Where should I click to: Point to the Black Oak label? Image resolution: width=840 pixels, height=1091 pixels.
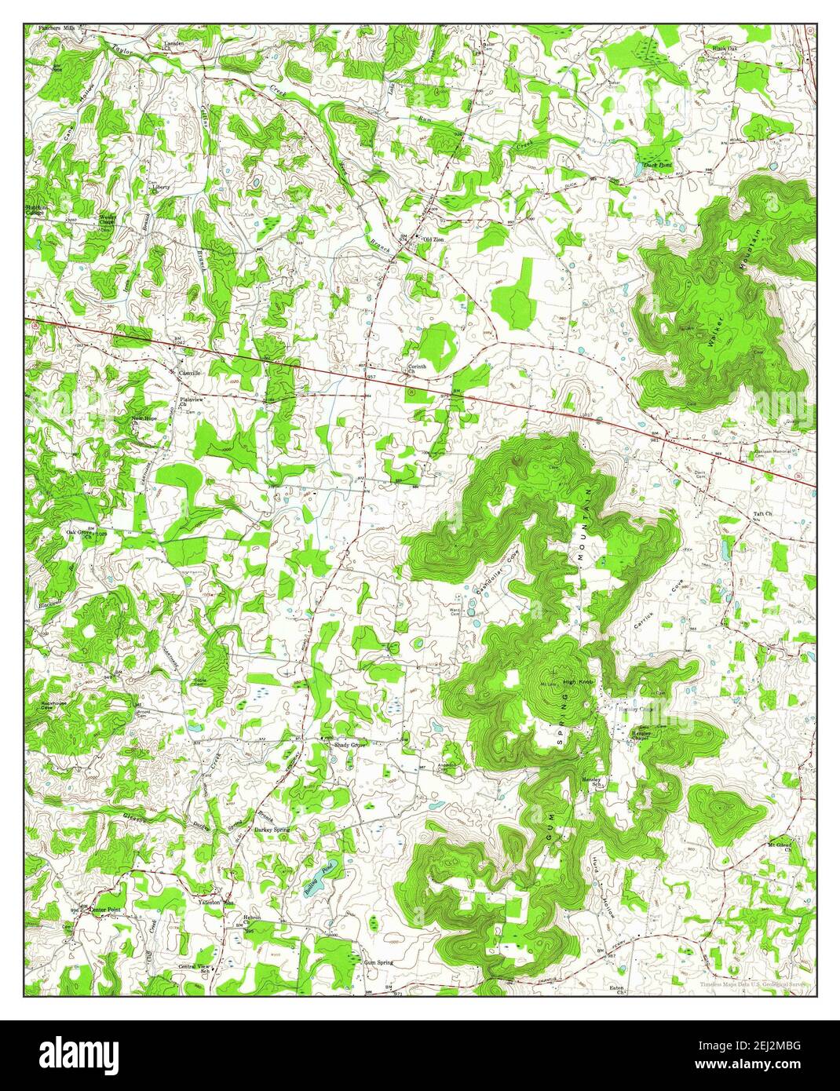coord(725,49)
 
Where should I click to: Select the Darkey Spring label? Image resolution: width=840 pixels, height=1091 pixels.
coord(272,830)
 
